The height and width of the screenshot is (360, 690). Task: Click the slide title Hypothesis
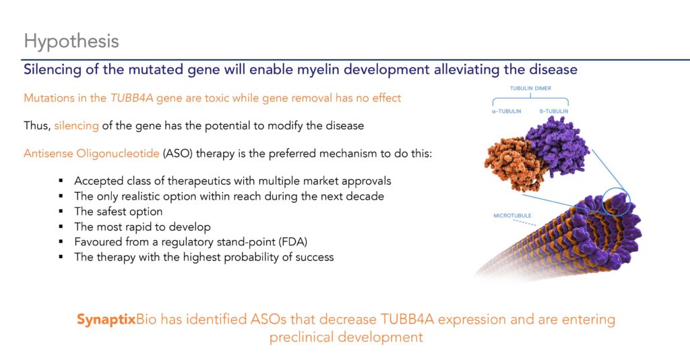(x=71, y=42)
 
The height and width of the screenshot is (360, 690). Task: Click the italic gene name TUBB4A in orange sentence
(x=131, y=98)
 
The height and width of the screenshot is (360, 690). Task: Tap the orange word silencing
(x=76, y=126)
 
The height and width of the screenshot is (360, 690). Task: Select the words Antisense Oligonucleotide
(x=92, y=154)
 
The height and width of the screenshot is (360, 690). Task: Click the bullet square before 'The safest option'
(x=61, y=212)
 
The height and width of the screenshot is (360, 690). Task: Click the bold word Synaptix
(x=106, y=319)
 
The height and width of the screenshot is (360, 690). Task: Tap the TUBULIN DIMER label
(x=530, y=88)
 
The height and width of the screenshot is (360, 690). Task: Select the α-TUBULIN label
(x=506, y=111)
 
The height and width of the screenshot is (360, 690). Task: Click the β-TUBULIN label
(x=554, y=111)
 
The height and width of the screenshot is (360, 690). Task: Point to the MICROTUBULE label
(x=512, y=216)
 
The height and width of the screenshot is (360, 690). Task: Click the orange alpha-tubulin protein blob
(x=513, y=164)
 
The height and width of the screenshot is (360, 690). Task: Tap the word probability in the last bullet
(x=251, y=257)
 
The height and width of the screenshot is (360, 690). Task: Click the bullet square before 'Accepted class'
(x=61, y=181)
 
